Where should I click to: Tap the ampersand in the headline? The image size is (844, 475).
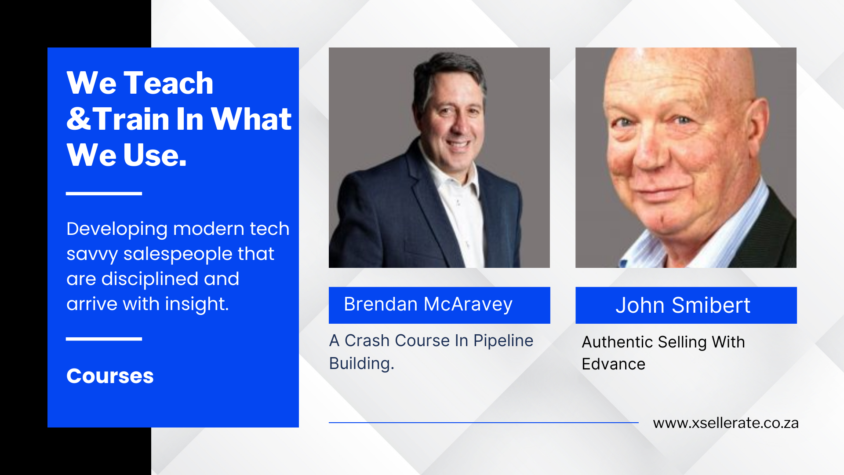click(79, 119)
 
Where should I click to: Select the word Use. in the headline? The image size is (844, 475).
click(155, 155)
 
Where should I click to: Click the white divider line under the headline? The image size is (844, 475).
click(104, 194)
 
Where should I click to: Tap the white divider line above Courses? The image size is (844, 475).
click(104, 339)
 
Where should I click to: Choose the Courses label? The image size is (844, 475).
click(110, 376)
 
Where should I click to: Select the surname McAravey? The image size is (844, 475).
click(468, 305)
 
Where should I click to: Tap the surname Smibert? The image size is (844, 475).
click(711, 305)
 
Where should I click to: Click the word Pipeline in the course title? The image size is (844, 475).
click(503, 341)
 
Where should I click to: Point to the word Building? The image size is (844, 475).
click(361, 364)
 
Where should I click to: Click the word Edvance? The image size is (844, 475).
click(613, 364)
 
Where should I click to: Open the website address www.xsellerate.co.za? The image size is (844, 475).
click(726, 423)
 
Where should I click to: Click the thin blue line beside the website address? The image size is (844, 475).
click(484, 423)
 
